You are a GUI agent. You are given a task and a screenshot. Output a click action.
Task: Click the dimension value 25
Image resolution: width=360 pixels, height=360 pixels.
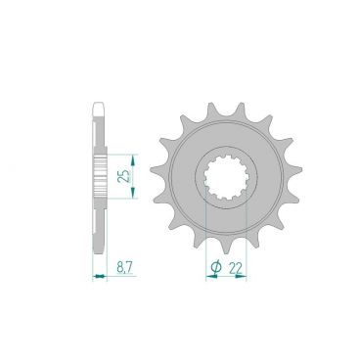click(x=120, y=176)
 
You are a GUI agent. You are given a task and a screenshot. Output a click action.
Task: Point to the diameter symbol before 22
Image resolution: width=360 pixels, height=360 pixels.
click(x=218, y=264)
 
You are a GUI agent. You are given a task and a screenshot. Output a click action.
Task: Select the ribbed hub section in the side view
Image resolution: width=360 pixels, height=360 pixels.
click(x=99, y=176)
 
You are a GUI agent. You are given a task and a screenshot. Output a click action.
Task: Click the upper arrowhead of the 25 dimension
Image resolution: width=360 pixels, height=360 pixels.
click(x=130, y=155)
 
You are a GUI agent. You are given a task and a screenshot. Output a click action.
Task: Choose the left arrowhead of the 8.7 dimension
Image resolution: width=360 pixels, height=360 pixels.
click(x=94, y=277)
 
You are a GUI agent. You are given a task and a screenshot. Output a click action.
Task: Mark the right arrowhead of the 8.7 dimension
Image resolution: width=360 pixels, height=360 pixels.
click(x=105, y=277)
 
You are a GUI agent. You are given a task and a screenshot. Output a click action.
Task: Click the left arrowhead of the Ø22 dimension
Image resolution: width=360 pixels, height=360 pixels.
click(x=208, y=277)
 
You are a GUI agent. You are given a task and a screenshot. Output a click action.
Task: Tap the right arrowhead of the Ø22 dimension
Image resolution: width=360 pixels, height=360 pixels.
click(x=245, y=277)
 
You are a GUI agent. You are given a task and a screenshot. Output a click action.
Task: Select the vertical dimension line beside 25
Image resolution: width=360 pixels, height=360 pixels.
click(x=130, y=176)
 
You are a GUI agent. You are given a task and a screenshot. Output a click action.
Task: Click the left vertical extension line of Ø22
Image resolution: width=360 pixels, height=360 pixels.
click(x=206, y=235)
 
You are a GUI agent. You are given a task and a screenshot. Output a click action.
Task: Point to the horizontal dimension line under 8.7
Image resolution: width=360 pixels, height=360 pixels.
click(x=99, y=277)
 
